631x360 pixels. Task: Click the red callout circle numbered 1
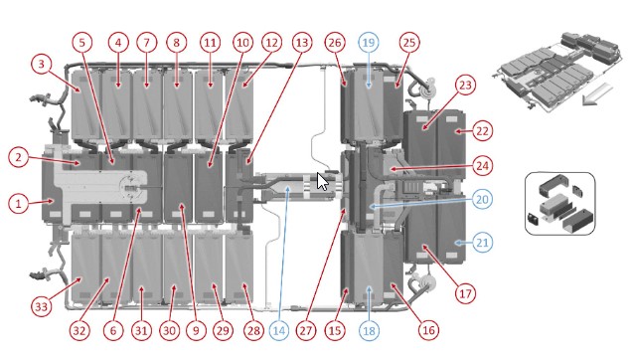tap(18, 203)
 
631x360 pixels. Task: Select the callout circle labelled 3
tap(41, 64)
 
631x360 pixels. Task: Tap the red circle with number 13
tap(302, 43)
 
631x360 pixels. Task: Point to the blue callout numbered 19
tap(369, 43)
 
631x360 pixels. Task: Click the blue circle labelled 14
tap(279, 330)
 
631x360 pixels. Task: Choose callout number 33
tap(42, 307)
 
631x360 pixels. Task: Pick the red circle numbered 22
tap(482, 131)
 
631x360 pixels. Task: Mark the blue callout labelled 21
tap(482, 243)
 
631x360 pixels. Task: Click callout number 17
tap(465, 293)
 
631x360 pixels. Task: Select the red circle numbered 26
tap(335, 43)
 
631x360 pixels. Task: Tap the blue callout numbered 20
tap(482, 199)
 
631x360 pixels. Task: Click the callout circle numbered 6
tap(113, 330)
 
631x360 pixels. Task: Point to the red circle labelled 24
tap(482, 165)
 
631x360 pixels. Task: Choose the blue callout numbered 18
tap(369, 330)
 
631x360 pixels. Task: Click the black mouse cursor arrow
tap(322, 181)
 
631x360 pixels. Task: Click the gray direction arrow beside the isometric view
tap(597, 95)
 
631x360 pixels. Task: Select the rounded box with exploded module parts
tap(559, 203)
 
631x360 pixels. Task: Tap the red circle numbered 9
tap(196, 330)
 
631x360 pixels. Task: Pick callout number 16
tap(428, 330)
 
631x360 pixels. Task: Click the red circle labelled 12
tap(271, 43)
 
